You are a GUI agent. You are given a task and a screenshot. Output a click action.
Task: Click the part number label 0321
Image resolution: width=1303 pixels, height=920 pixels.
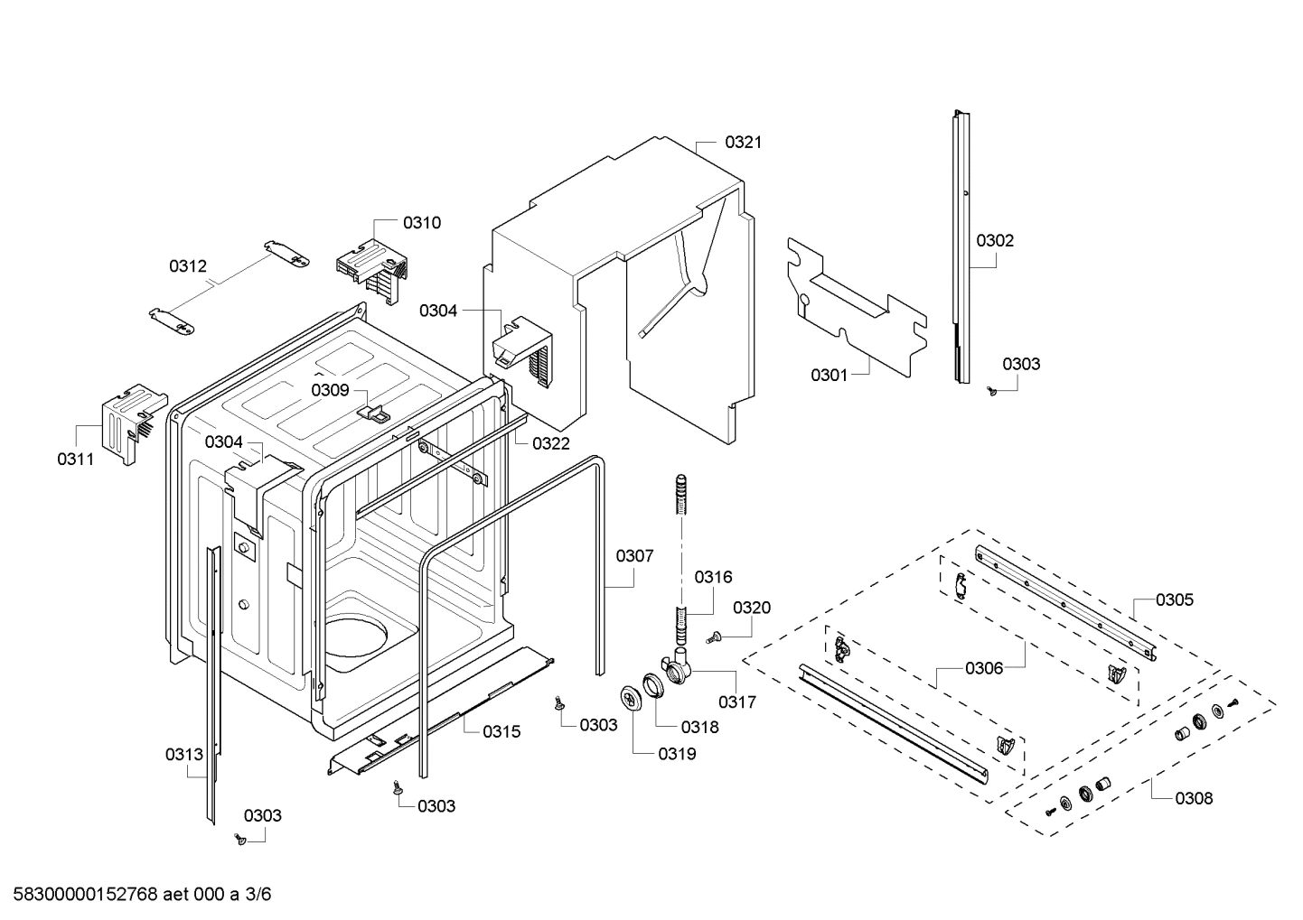tap(744, 142)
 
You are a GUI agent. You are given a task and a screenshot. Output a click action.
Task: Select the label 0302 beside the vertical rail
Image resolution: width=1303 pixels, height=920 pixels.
tap(995, 240)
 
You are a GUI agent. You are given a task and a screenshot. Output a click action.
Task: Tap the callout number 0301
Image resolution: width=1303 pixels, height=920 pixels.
tap(829, 375)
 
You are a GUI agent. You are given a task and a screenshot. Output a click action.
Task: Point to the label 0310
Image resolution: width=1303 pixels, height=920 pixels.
tap(422, 222)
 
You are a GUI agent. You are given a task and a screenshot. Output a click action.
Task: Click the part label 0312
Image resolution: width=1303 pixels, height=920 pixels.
tap(188, 265)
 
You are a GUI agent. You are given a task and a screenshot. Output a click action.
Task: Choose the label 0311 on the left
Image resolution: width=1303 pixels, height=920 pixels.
tap(76, 459)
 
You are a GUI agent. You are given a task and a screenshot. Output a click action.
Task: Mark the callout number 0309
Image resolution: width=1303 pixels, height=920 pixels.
tap(330, 390)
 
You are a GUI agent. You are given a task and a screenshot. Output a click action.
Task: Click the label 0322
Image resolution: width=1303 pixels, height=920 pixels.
tap(550, 443)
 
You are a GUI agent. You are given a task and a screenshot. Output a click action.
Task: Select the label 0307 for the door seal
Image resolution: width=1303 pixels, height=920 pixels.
tap(634, 556)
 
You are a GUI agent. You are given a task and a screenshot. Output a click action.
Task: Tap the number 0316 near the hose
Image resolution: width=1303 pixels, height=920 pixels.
tap(713, 577)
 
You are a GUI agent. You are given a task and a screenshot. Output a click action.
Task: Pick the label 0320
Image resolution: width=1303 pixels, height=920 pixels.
tap(752, 608)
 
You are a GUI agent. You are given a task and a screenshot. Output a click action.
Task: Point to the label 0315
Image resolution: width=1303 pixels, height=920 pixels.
tap(502, 731)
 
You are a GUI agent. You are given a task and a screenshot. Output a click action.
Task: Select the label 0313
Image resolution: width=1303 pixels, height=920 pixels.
tap(184, 754)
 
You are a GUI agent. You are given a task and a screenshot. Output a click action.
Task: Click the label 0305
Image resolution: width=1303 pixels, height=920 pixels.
tap(1175, 599)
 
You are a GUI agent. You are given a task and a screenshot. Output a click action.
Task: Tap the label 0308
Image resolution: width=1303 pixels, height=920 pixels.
tap(1194, 798)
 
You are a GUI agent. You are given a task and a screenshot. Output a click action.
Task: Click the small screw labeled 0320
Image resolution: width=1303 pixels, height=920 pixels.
tap(713, 638)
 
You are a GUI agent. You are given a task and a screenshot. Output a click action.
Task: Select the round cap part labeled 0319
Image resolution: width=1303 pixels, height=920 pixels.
tap(629, 698)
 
